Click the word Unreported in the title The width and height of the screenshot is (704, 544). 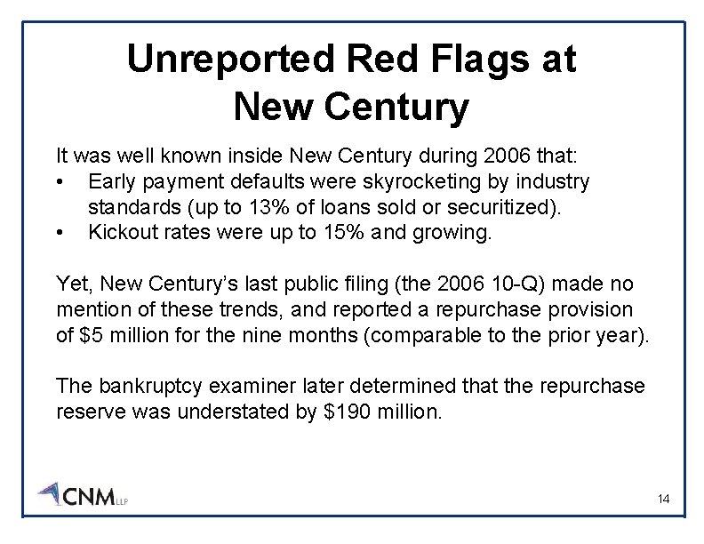(x=230, y=60)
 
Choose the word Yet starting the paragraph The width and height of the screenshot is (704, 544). (x=72, y=284)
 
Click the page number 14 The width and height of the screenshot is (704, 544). (x=663, y=500)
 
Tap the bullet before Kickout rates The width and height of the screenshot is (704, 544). (x=60, y=234)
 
